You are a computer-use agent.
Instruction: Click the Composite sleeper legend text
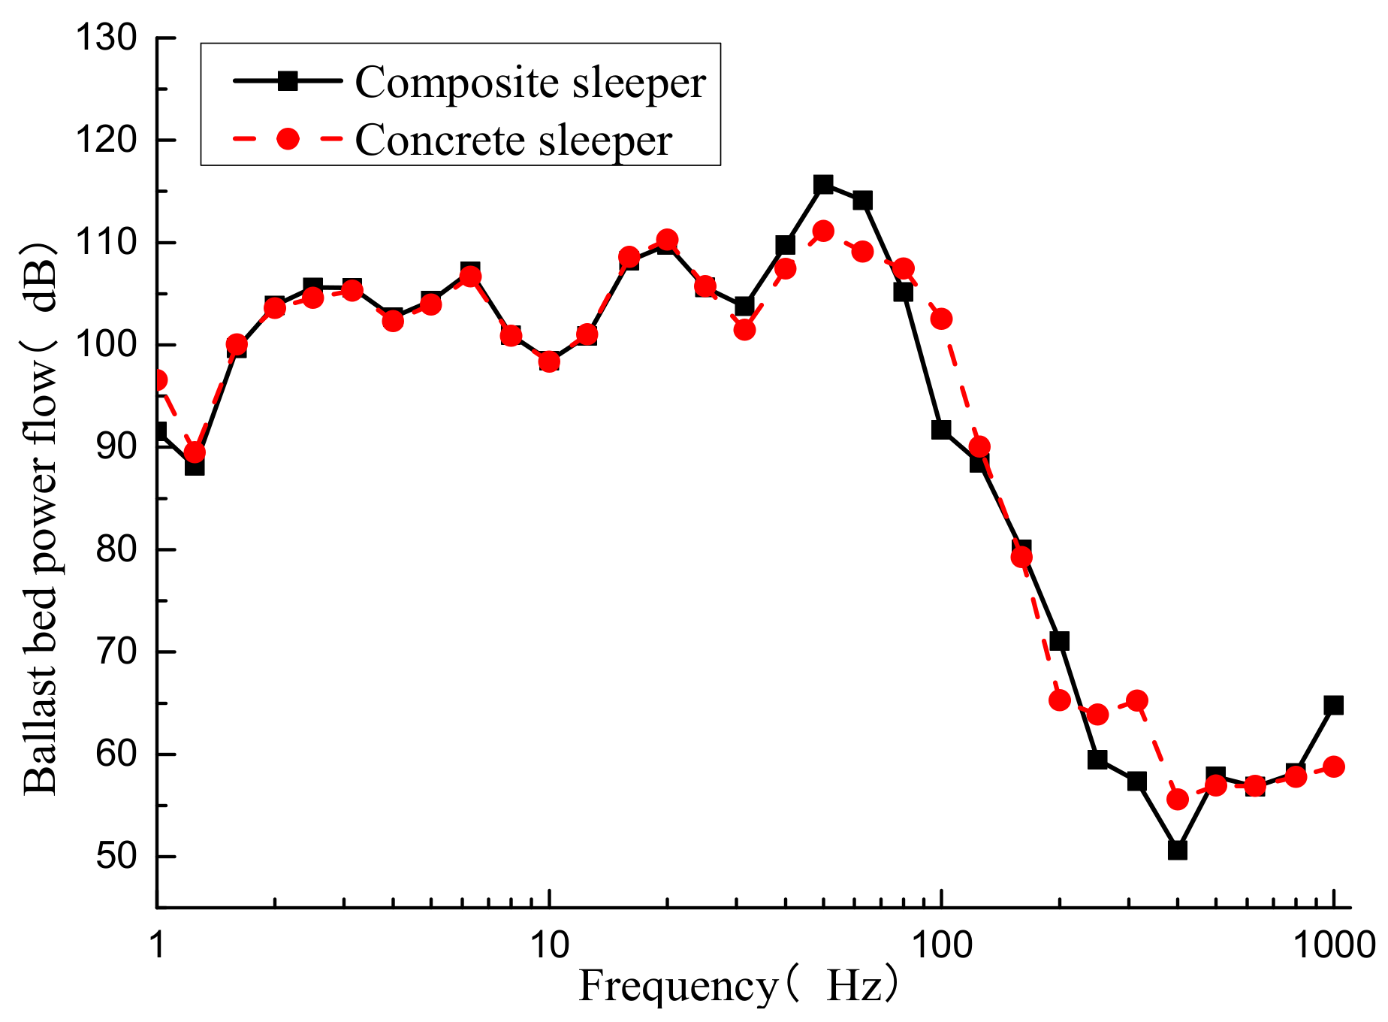click(x=530, y=82)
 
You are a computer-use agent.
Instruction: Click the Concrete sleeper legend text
click(x=513, y=140)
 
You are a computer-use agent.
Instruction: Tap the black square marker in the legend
click(x=288, y=80)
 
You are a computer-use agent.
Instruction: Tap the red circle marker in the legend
click(x=288, y=139)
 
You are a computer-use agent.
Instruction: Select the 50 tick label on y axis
click(x=116, y=856)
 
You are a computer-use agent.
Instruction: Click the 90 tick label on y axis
click(x=116, y=447)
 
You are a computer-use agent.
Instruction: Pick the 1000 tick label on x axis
click(x=1333, y=945)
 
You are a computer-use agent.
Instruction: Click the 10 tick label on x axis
click(x=549, y=945)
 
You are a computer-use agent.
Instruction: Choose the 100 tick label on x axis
click(x=941, y=945)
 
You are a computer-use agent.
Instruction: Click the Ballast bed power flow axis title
click(x=41, y=519)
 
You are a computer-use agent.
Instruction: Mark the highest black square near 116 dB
click(x=823, y=184)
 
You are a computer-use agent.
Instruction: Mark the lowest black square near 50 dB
click(x=1177, y=850)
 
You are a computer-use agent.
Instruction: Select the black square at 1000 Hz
click(x=1333, y=705)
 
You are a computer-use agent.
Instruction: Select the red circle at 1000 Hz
click(x=1334, y=766)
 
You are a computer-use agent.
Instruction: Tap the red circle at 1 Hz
click(x=158, y=380)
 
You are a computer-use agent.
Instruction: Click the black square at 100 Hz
click(x=941, y=430)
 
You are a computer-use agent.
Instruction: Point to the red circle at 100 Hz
click(x=941, y=319)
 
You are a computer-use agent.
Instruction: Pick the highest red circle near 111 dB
click(x=823, y=231)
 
